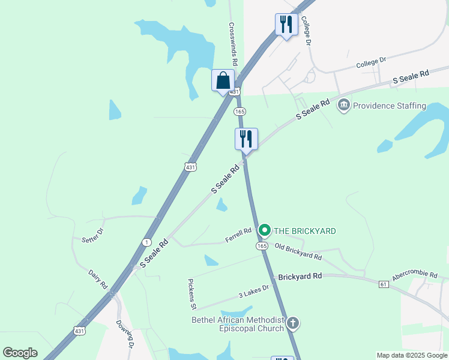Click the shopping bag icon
click(223, 80)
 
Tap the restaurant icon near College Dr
click(286, 25)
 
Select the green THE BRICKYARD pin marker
click(264, 230)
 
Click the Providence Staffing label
click(389, 106)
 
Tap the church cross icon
click(292, 324)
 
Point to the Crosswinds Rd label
click(234, 44)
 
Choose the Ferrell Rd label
click(238, 235)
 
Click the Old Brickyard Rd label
click(298, 251)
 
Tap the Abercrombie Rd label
click(415, 275)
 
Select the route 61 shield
click(383, 284)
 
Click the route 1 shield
click(146, 242)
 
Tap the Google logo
click(20, 353)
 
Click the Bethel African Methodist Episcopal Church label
click(237, 324)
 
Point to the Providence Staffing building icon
click(344, 106)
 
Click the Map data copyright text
click(412, 355)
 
